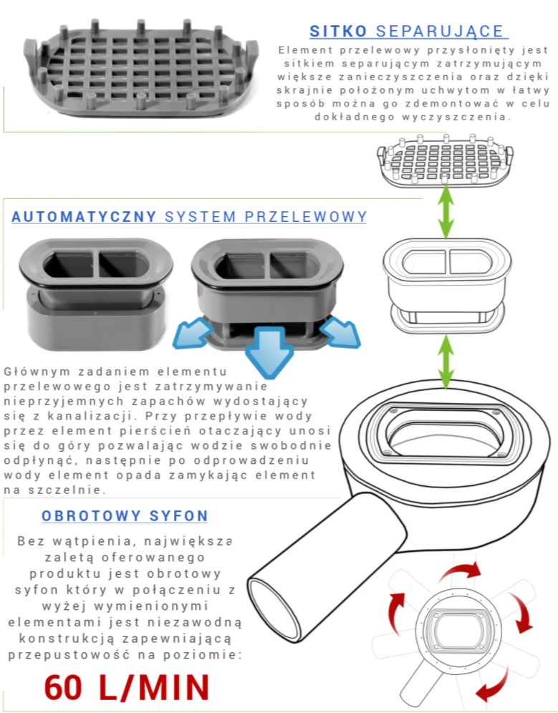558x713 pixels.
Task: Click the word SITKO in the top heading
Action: click(x=338, y=31)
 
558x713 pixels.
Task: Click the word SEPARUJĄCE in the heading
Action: click(x=440, y=31)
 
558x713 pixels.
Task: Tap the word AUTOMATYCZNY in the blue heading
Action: click(x=85, y=217)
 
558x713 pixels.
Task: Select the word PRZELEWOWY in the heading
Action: click(x=305, y=217)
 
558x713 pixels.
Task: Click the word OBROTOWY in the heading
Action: click(x=91, y=515)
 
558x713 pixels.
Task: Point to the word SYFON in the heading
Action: click(x=179, y=515)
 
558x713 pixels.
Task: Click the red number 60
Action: click(x=63, y=687)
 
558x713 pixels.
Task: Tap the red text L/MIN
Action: click(x=154, y=687)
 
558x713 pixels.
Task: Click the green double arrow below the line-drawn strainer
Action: click(x=446, y=211)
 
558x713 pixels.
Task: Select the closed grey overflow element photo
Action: click(x=96, y=294)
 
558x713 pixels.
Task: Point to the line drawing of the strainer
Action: click(x=445, y=161)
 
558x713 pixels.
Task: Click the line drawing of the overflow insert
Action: click(x=447, y=284)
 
